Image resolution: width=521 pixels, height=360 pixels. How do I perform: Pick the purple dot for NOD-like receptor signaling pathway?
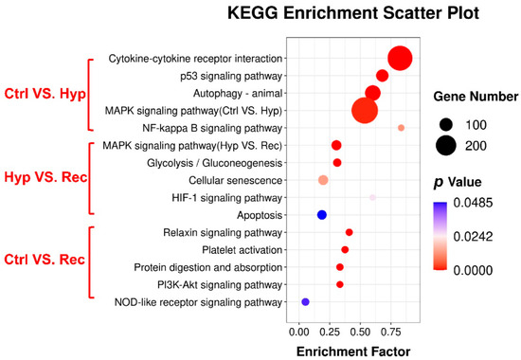pos(305,302)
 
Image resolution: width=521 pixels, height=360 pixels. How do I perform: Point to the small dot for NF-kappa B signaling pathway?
pos(401,128)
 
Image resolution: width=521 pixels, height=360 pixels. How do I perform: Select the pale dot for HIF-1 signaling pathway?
pos(373,197)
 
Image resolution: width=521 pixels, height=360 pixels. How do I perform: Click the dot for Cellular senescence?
pos(323,180)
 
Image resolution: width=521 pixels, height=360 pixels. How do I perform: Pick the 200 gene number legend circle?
pos(446,146)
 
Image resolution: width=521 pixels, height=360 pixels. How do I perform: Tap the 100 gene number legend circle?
pos(446,123)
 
